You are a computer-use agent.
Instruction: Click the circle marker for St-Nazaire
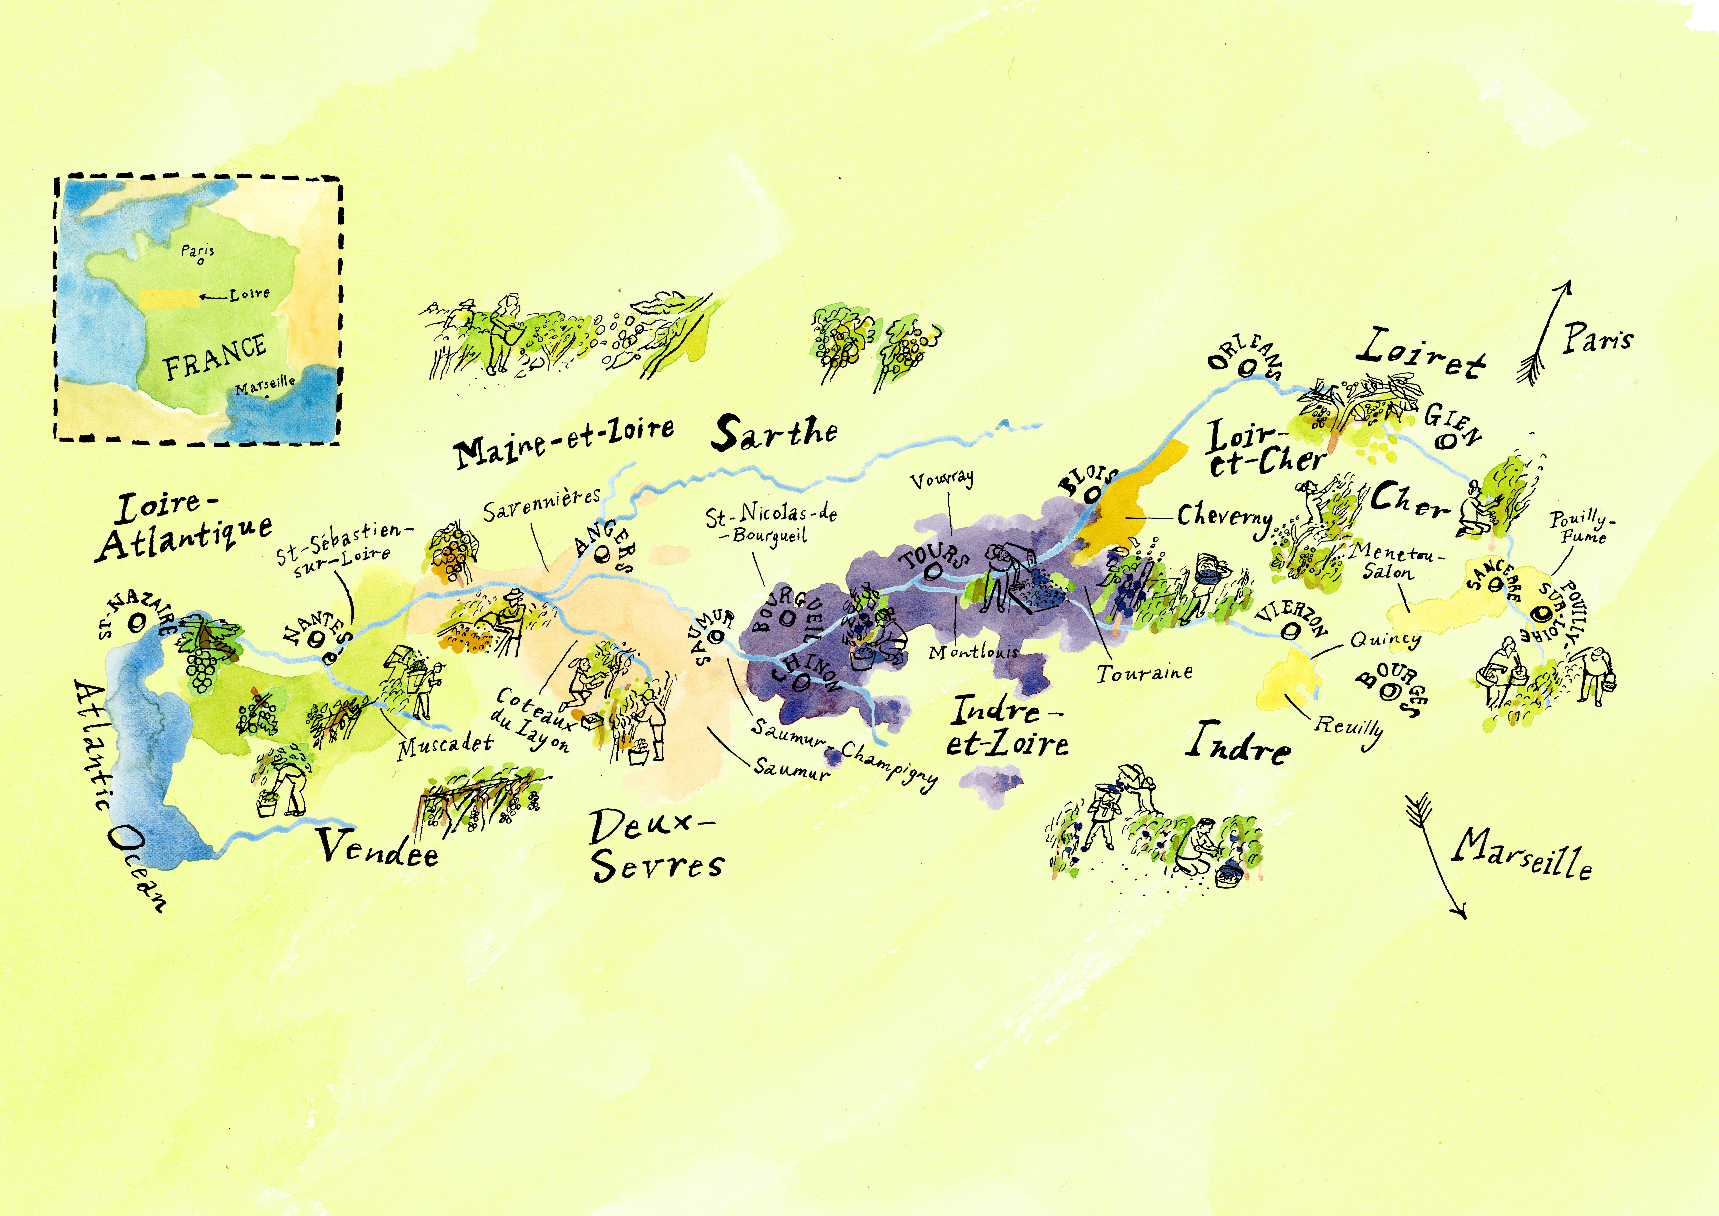point(137,621)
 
